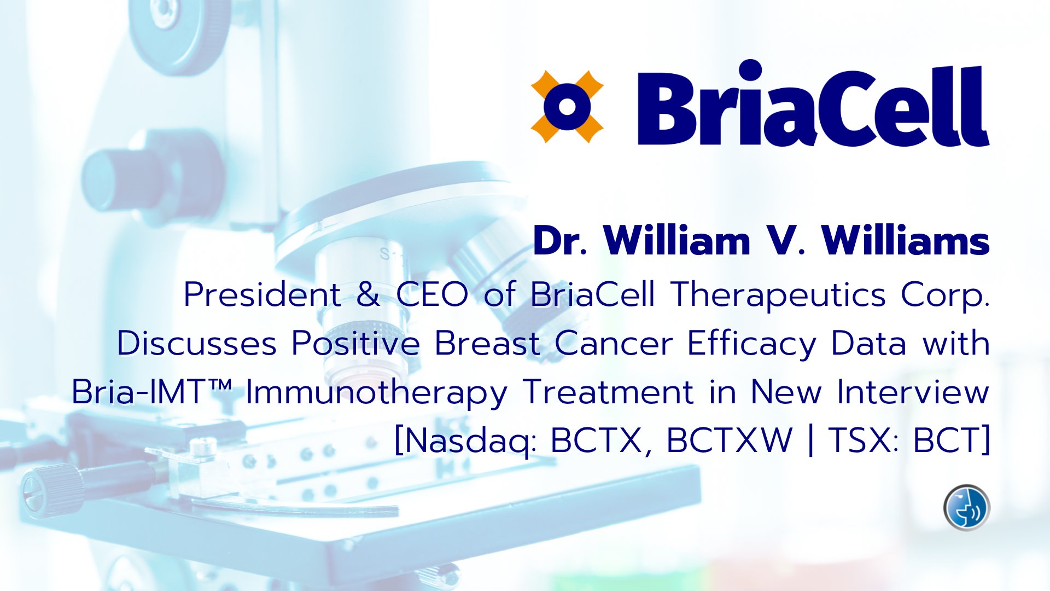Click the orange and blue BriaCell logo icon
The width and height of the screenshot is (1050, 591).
click(567, 107)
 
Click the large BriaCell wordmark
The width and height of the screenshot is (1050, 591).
click(813, 103)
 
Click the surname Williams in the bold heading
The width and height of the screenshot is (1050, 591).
click(906, 241)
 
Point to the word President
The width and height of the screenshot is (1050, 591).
click(262, 295)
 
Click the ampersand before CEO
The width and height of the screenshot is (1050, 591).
click(368, 295)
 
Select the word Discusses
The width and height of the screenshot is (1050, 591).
click(197, 344)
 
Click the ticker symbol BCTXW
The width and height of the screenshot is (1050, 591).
click(730, 441)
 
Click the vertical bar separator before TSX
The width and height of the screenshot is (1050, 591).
click(810, 441)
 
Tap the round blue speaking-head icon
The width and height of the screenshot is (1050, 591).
click(967, 508)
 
